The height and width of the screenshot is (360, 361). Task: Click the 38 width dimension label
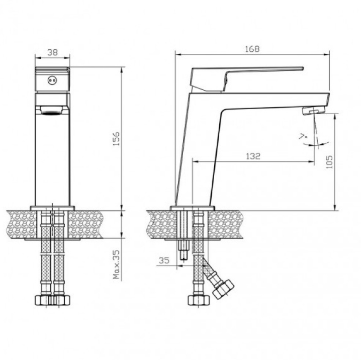pyautogui.click(x=52, y=52)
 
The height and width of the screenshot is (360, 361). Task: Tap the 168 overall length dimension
pyautogui.click(x=252, y=49)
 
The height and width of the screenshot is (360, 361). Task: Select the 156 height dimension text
pyautogui.click(x=116, y=138)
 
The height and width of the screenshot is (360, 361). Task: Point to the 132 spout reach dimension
pyautogui.click(x=253, y=156)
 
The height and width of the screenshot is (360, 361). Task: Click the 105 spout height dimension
pyautogui.click(x=329, y=162)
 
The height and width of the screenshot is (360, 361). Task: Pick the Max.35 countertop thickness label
pyautogui.click(x=117, y=264)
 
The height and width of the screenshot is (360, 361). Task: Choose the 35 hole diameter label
pyautogui.click(x=164, y=260)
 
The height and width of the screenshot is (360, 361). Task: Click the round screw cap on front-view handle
pyautogui.click(x=52, y=80)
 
